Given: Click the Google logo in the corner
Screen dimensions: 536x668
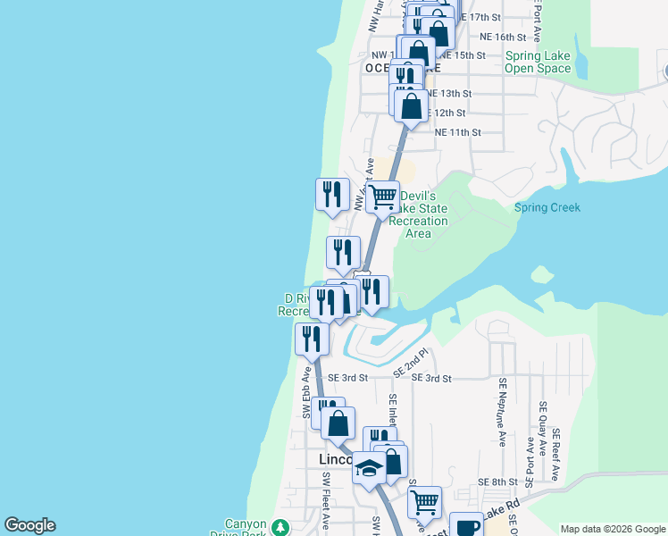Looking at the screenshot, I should (x=29, y=525).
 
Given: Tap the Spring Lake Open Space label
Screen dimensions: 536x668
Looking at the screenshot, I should (x=538, y=62).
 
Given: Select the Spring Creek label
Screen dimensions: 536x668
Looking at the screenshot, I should (x=547, y=208).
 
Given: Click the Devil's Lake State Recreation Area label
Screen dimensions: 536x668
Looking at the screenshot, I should (x=418, y=214).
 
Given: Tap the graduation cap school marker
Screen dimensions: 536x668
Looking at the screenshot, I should (x=369, y=467).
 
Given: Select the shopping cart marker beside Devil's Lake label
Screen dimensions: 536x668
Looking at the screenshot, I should (x=383, y=196).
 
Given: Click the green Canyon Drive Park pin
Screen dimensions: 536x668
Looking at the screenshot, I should (x=280, y=527).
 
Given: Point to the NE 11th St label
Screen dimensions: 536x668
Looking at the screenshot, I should (x=457, y=132).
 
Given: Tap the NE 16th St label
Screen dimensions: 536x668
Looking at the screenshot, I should (x=503, y=38).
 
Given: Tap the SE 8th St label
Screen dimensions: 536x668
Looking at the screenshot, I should (x=494, y=482).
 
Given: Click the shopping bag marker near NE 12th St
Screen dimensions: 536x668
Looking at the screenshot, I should (x=411, y=106).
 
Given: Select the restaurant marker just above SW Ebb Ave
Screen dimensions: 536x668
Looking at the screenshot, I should (x=311, y=338).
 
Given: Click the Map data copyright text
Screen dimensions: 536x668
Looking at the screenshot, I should (x=611, y=527).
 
